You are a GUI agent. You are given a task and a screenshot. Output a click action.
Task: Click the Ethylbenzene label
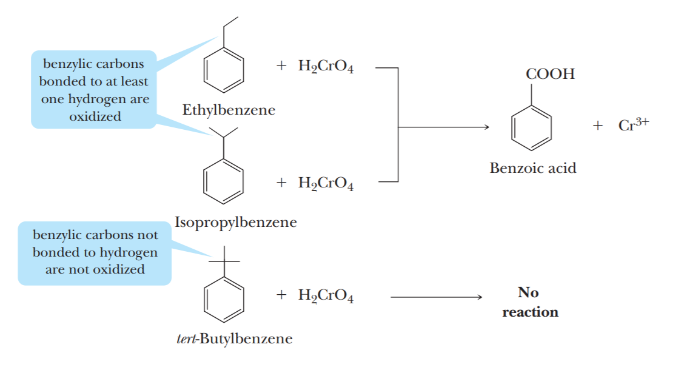[x=229, y=110]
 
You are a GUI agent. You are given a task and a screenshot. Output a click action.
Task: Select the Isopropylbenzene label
[x=236, y=222]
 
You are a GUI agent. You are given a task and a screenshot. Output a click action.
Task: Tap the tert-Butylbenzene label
[x=230, y=338]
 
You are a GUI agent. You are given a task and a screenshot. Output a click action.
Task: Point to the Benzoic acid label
[x=533, y=168]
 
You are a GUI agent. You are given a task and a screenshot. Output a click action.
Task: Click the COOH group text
[x=550, y=75]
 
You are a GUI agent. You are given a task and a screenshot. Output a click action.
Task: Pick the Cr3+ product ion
[x=634, y=125]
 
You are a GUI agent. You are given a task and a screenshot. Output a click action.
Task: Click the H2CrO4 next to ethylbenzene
[x=326, y=67]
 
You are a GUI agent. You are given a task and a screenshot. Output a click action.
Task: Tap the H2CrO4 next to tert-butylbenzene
[x=326, y=296]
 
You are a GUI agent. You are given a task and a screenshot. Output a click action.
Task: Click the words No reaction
[x=529, y=302]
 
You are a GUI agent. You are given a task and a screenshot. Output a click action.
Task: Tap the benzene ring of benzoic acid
[x=532, y=128]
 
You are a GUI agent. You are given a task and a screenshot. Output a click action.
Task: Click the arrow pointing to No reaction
[x=437, y=297]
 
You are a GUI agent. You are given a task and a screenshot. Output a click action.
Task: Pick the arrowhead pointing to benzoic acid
[x=485, y=127]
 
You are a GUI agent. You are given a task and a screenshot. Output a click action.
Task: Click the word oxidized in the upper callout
[x=95, y=116]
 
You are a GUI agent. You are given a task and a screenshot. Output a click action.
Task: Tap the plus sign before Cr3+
[x=598, y=126]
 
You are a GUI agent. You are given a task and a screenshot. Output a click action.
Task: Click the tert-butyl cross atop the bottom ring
[x=224, y=261]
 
